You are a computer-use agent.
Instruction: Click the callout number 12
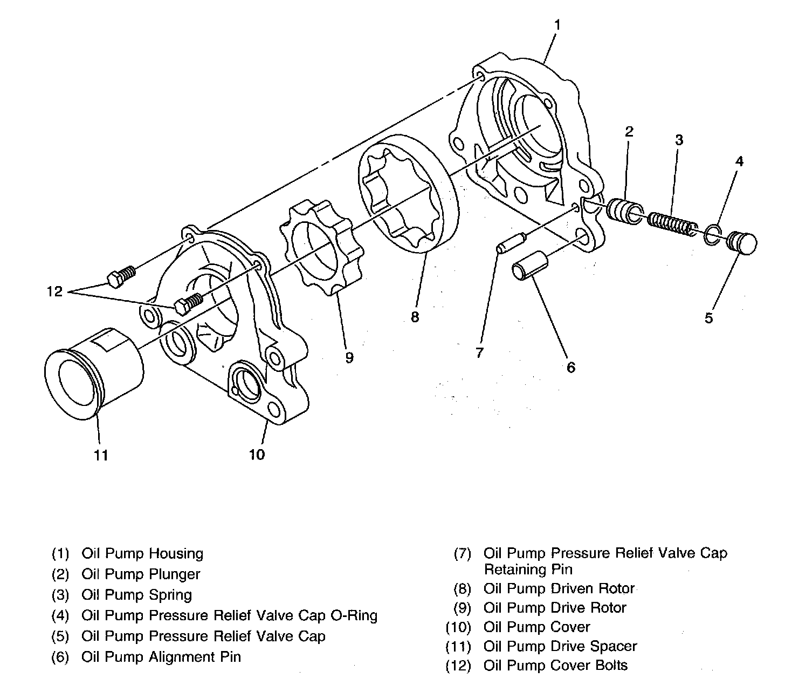coord(54,292)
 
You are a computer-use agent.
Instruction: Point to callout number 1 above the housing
coord(557,25)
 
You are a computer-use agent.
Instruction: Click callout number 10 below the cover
coord(257,455)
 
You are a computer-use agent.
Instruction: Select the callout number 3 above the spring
coord(679,140)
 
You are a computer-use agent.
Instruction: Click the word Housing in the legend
coord(176,554)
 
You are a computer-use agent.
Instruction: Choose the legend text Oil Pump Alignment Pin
coord(161,657)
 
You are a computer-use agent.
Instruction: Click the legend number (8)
coord(462,589)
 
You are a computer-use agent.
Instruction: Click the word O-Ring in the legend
coord(351,615)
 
